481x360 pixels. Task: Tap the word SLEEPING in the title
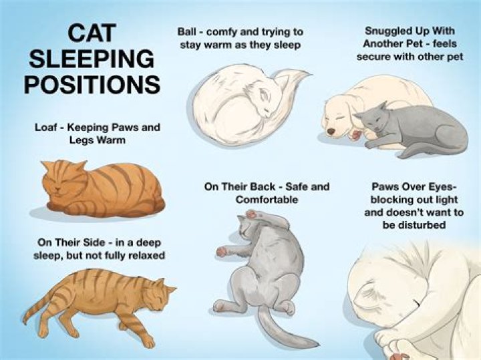click(92, 59)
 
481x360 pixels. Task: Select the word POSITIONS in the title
click(92, 84)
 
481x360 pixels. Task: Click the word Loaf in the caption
click(45, 127)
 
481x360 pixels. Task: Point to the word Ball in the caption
click(186, 31)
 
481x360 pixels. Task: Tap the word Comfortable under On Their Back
click(267, 200)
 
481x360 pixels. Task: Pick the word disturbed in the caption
click(414, 225)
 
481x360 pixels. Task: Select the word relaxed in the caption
click(146, 255)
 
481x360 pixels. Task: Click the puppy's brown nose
click(331, 131)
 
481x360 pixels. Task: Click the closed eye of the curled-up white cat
click(267, 108)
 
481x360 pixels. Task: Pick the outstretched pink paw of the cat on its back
click(222, 251)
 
